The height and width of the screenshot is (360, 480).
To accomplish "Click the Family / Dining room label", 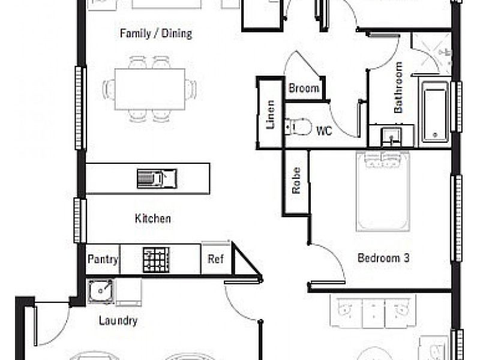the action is [x=156, y=34].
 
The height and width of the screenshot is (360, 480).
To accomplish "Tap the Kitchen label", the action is [x=153, y=218].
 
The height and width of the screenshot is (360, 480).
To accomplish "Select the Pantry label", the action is [x=103, y=259].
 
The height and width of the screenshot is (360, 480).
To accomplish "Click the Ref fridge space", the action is [x=216, y=259].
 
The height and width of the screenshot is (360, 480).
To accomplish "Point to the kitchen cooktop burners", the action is [x=156, y=260].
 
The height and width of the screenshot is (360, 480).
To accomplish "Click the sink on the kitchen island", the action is [x=157, y=178].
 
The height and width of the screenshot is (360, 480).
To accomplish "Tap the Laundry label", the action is [x=118, y=320].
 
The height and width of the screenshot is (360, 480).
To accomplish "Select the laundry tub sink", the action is [x=100, y=291].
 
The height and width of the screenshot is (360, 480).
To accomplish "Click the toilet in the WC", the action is [x=298, y=127].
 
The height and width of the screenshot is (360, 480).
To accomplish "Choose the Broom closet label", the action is [x=304, y=88].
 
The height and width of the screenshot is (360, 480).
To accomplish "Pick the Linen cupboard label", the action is [x=271, y=115].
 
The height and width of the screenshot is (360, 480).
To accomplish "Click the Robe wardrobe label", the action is [x=296, y=181].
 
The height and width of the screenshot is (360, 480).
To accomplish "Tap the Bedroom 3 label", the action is [x=383, y=258].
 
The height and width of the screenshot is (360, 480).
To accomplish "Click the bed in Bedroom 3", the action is [x=383, y=191].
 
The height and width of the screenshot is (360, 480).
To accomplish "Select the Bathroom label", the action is [x=398, y=88].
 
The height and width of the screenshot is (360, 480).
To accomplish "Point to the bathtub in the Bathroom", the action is [x=434, y=112].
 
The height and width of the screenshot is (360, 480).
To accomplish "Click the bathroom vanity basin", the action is [x=391, y=137].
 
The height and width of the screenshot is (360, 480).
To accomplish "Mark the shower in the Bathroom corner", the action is [x=431, y=53].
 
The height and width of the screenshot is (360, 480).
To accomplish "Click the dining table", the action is [x=150, y=89].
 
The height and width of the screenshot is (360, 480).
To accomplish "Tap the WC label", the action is [x=324, y=131].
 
